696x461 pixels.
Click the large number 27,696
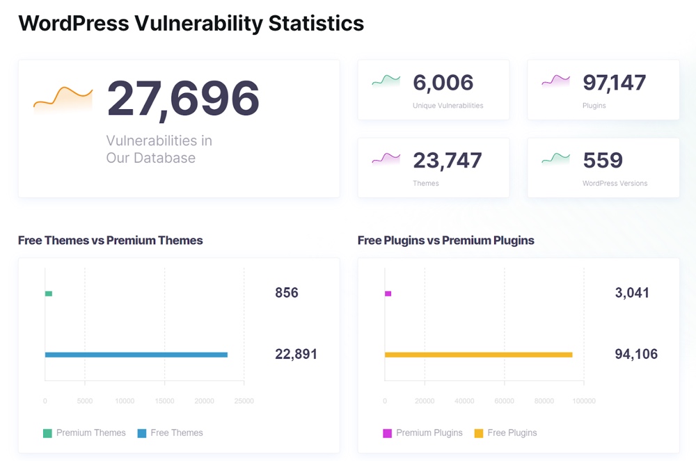point(183,98)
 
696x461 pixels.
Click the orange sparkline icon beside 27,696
point(63,99)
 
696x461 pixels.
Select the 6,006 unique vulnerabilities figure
point(443,83)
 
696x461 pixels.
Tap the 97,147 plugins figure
point(614,83)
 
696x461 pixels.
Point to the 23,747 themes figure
point(447,161)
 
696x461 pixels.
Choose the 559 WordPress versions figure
point(603,161)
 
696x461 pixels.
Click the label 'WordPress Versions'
point(615,184)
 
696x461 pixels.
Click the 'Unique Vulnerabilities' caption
point(448,106)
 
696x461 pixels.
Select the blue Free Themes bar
point(136,355)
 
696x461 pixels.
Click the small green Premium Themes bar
point(49,293)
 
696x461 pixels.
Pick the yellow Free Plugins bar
point(478,355)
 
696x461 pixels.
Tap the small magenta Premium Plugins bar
point(388,293)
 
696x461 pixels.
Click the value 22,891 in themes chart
point(296,354)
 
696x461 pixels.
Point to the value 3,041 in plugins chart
point(632,293)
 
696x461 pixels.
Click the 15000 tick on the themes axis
point(164,401)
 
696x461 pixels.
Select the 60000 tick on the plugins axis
point(504,401)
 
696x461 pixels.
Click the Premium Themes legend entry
point(84,432)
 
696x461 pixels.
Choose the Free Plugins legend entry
point(505,432)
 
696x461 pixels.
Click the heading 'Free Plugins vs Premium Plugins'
point(445,241)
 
